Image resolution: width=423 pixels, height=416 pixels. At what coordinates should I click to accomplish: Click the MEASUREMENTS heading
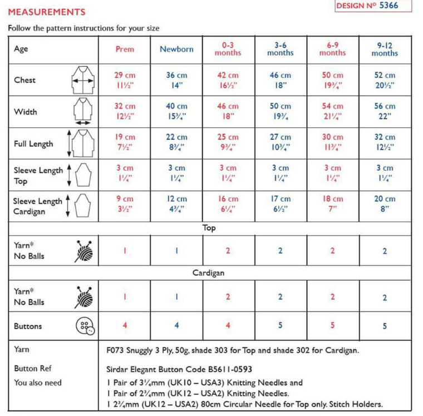point(47,12)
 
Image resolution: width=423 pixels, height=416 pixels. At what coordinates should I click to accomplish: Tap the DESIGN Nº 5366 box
point(374,6)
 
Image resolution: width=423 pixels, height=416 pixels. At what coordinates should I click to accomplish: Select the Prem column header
point(125,49)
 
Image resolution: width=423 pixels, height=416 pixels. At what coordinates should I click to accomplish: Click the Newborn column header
point(176,49)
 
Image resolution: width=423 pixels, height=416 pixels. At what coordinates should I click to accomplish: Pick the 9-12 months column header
point(385,49)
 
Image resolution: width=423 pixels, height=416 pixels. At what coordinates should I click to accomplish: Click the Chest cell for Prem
point(125,80)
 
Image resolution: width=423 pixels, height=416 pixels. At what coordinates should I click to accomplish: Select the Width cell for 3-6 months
point(281,111)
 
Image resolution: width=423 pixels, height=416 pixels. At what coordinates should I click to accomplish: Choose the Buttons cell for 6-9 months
point(332,326)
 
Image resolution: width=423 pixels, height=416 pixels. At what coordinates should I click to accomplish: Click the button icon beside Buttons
point(84,326)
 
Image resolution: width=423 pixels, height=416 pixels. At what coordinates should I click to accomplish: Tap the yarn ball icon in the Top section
point(84,251)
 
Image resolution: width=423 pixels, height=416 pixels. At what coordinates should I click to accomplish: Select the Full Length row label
point(33,143)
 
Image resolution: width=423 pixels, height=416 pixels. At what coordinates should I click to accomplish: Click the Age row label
point(21,49)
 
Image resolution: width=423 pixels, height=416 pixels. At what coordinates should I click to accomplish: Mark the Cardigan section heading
point(209,273)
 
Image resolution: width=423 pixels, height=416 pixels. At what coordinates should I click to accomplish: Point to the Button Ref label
point(33,368)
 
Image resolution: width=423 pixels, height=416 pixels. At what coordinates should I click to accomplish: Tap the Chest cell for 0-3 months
point(228,80)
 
